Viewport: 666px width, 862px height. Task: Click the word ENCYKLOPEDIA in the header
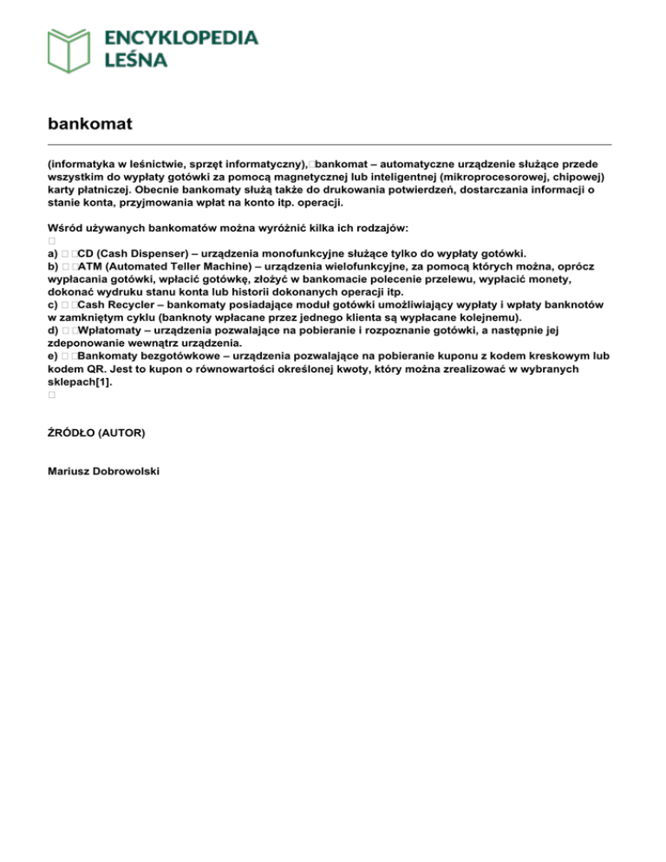coord(181,38)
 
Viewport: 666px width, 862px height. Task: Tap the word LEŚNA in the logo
coord(136,60)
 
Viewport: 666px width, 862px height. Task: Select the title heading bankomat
coord(89,123)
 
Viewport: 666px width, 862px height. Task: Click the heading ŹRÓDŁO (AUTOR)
coord(95,431)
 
